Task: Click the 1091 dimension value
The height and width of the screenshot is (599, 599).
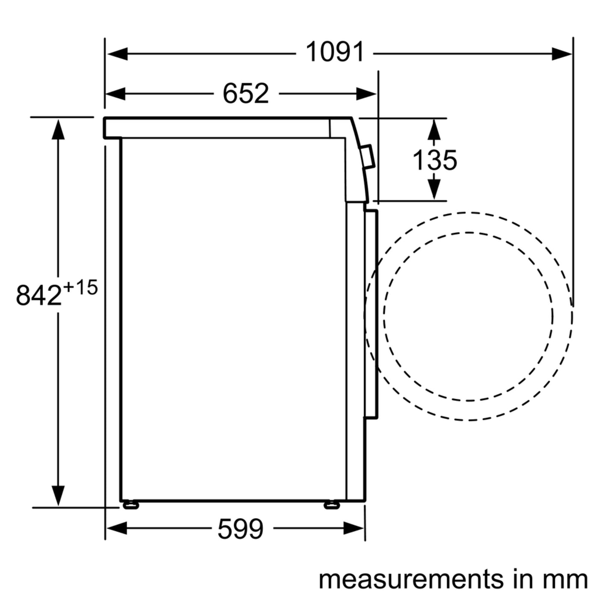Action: (335, 52)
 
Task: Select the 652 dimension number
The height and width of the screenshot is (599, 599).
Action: (245, 94)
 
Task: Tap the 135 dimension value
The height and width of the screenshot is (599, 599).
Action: (434, 160)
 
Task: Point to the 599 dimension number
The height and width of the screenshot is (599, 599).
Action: (240, 529)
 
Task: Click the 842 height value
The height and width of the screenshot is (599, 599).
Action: (39, 295)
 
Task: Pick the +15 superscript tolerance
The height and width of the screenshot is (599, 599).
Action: (80, 288)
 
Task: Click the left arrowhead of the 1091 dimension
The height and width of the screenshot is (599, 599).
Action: (117, 54)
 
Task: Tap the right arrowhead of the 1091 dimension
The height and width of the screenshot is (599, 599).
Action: (562, 54)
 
